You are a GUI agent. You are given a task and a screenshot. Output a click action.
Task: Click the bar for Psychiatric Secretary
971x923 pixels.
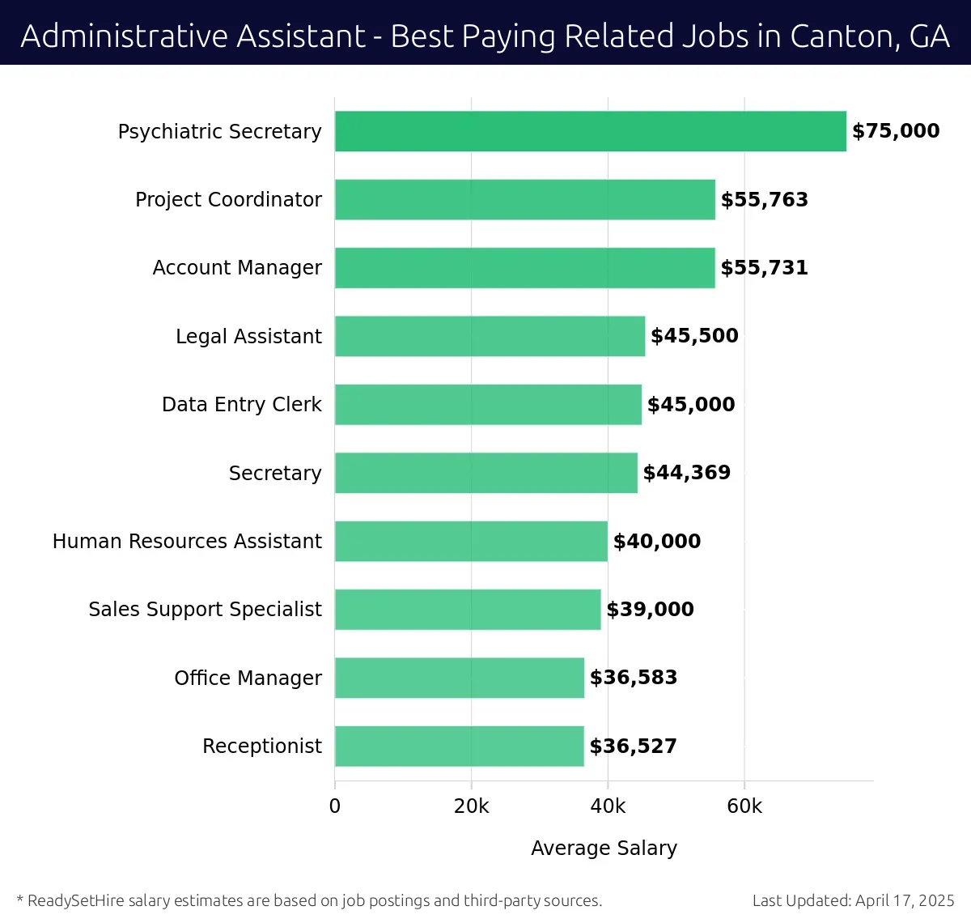[x=590, y=131]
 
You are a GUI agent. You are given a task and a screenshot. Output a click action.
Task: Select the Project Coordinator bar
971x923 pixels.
[x=524, y=200]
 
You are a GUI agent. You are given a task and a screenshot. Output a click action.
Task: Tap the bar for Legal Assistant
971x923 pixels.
[x=490, y=336]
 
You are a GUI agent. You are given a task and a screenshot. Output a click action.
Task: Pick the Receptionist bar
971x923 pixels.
[x=459, y=746]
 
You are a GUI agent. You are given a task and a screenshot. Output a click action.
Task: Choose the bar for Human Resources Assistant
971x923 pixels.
[x=471, y=542]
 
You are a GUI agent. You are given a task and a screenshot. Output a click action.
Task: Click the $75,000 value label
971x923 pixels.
[x=896, y=131]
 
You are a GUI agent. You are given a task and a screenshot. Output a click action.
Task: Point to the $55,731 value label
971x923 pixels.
[x=764, y=268]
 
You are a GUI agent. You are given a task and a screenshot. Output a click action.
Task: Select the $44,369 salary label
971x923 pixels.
[x=686, y=473]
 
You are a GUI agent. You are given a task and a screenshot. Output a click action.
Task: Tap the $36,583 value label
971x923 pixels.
[x=633, y=678]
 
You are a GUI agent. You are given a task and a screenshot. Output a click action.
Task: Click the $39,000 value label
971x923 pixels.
[x=650, y=610]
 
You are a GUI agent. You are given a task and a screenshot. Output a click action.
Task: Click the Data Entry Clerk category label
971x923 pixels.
[x=241, y=405]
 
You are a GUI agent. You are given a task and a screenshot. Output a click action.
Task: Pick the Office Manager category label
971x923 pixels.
[x=248, y=678]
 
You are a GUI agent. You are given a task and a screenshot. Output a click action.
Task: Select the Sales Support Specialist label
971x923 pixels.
[x=205, y=610]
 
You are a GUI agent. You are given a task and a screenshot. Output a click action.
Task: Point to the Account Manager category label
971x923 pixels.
[x=237, y=268]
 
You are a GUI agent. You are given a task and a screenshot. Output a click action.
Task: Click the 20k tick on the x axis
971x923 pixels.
[x=471, y=806]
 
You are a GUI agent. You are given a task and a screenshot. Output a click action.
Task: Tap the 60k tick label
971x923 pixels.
[x=744, y=806]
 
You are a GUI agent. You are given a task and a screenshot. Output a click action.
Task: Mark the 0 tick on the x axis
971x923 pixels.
[x=335, y=806]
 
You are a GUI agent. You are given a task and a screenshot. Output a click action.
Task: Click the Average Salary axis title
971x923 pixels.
[x=604, y=848]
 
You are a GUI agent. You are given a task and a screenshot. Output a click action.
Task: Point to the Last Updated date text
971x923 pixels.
[x=853, y=900]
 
